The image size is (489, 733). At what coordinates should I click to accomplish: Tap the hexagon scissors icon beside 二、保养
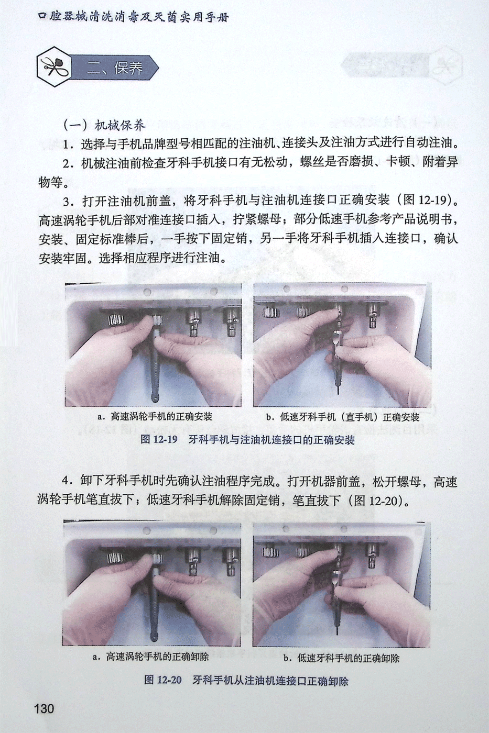click(54, 67)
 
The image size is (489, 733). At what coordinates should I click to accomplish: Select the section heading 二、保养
click(115, 69)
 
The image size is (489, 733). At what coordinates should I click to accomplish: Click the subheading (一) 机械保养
click(103, 125)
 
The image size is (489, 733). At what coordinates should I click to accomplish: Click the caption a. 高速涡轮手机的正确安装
click(155, 417)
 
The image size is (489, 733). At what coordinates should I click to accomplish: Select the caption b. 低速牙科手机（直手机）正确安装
click(343, 417)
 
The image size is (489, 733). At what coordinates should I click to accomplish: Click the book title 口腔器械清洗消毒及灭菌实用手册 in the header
click(134, 17)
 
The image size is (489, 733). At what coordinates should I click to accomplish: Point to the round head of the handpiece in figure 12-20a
click(153, 638)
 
